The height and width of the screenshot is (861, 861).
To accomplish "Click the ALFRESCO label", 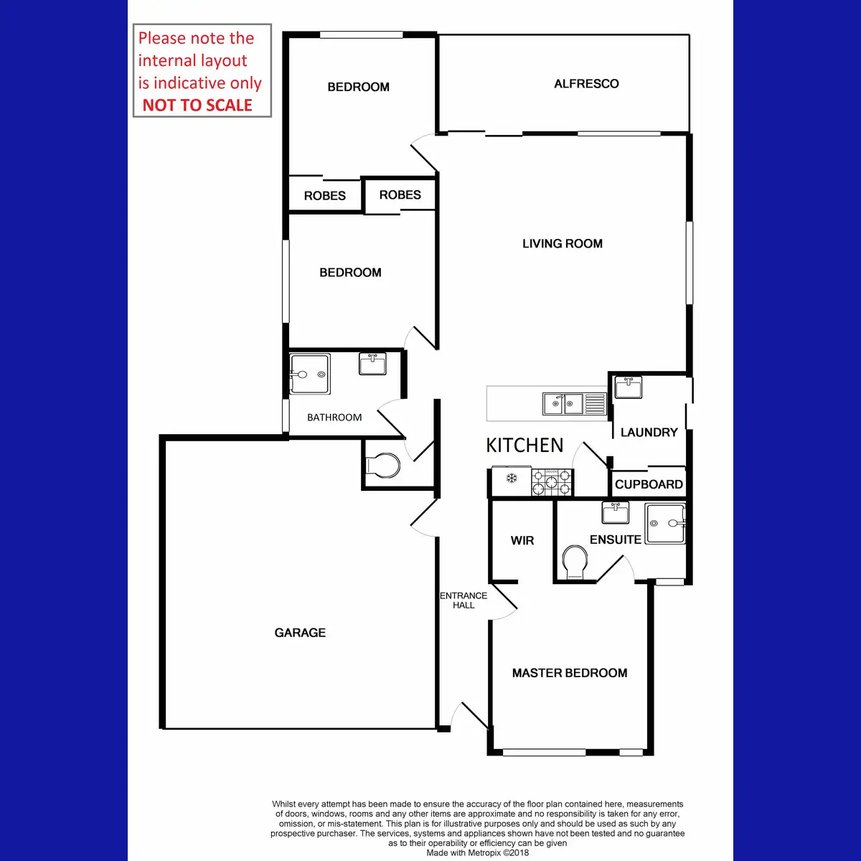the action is click(x=586, y=84).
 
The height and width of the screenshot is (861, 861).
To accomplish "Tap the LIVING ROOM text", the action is click(x=562, y=244).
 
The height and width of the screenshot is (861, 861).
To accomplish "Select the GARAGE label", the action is click(x=300, y=633).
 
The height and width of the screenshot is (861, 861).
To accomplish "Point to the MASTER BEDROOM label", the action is click(x=570, y=673).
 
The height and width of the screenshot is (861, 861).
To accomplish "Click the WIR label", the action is click(x=522, y=540).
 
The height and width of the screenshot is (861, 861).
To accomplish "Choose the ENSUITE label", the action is click(x=615, y=540).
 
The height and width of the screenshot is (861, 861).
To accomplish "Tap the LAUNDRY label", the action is click(x=649, y=433).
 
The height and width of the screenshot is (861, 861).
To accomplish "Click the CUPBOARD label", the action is click(x=649, y=484).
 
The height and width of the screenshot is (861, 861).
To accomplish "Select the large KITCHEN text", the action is click(x=524, y=446).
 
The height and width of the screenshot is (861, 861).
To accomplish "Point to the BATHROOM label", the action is click(x=334, y=418).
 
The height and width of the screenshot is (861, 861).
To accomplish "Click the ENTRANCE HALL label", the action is click(x=464, y=601).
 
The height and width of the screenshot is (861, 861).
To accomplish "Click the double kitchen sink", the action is click(x=564, y=404).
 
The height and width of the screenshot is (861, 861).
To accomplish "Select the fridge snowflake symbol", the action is click(x=512, y=478).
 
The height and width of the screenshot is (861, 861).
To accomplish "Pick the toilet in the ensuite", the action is click(x=575, y=562).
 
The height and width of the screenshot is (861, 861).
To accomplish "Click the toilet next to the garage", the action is click(x=384, y=466).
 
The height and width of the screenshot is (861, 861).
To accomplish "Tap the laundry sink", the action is click(x=629, y=387).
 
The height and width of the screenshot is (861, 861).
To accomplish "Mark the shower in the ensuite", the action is click(x=665, y=524).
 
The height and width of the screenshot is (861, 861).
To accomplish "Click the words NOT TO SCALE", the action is click(x=197, y=105).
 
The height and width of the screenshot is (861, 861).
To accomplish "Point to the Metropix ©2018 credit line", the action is click(x=477, y=853).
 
